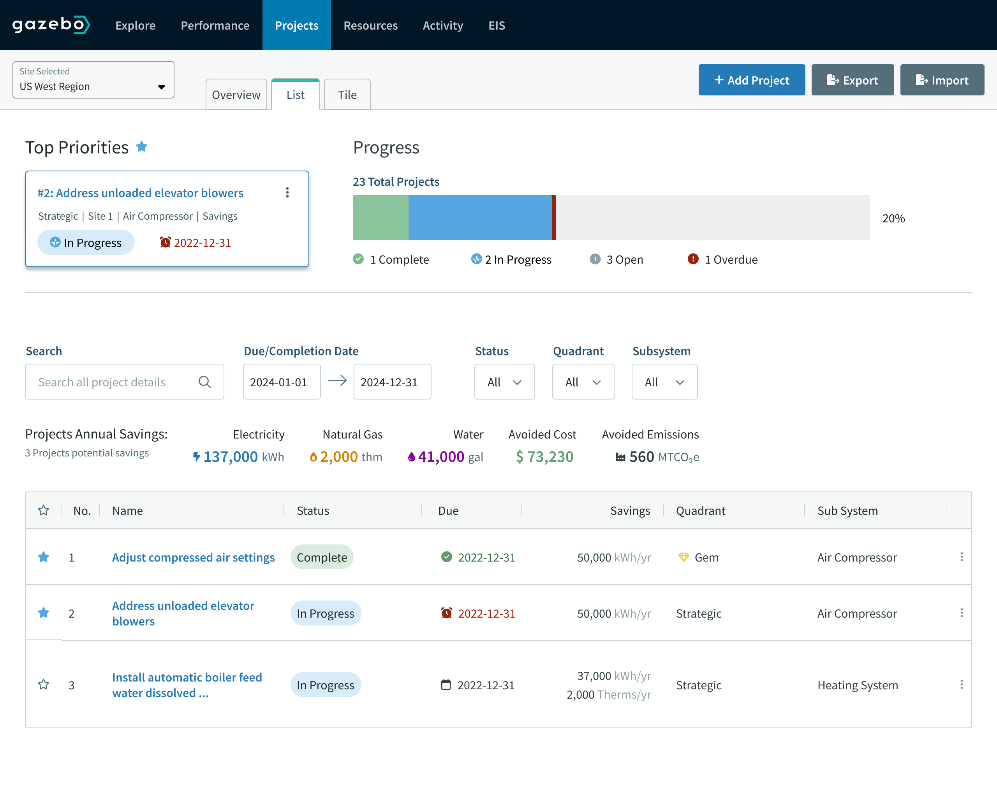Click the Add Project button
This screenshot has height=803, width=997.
point(751,80)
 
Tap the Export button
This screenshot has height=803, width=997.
point(852,80)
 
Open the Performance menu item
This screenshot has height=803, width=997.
point(215,25)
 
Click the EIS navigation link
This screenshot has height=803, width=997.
point(497,25)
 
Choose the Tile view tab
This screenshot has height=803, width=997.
point(347,95)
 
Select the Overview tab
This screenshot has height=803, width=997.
point(236,95)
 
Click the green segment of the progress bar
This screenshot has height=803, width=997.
point(380,217)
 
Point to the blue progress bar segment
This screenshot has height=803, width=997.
point(480,217)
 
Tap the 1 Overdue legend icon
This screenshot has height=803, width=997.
point(692,259)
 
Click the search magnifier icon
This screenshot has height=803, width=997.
point(204,382)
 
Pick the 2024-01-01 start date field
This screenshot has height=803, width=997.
point(281,382)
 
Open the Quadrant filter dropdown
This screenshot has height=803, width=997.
point(583,382)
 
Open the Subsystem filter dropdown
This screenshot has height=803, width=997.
point(664,382)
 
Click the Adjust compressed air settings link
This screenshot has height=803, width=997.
point(194,557)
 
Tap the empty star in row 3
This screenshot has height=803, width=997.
point(44,685)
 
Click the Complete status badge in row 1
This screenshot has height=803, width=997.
point(322,557)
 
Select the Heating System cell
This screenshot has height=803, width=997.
point(857,685)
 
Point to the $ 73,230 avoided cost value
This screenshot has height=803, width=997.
point(544,457)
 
